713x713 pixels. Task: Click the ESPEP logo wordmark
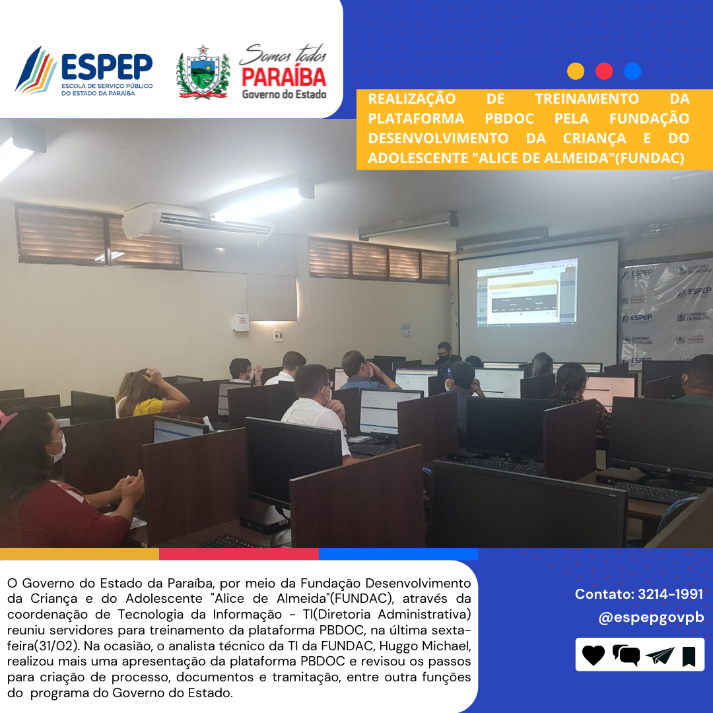(x=107, y=67)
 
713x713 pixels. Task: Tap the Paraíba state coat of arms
(x=203, y=72)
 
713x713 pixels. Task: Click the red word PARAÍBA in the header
(x=284, y=77)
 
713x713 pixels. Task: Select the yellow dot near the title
(x=575, y=71)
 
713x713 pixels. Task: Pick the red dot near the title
(x=604, y=71)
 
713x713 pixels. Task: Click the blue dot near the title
(x=632, y=71)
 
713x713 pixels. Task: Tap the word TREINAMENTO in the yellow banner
(x=587, y=98)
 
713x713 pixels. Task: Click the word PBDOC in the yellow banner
(x=509, y=119)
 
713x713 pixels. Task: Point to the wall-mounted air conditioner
(x=197, y=224)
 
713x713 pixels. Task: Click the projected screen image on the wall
(x=527, y=291)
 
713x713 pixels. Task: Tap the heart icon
(x=594, y=656)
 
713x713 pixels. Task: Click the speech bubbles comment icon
(x=626, y=656)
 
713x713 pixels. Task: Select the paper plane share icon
(x=660, y=656)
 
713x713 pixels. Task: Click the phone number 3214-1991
(x=670, y=594)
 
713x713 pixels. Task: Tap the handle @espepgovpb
(x=651, y=617)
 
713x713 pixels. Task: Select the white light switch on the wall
(x=279, y=335)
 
